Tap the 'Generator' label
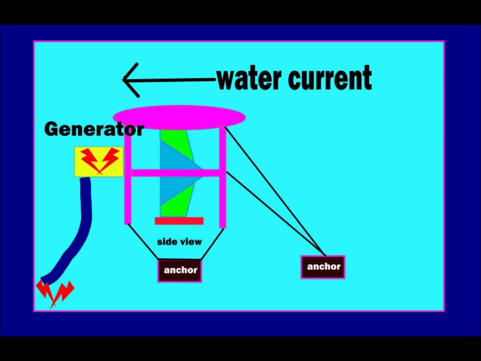coord(94,129)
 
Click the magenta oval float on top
coord(179,117)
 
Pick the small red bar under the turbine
coord(179,221)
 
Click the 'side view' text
coord(179,242)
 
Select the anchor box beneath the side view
coord(180,271)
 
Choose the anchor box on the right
coord(323,267)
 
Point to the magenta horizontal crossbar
coord(175,173)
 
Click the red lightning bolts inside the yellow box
coord(99,159)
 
